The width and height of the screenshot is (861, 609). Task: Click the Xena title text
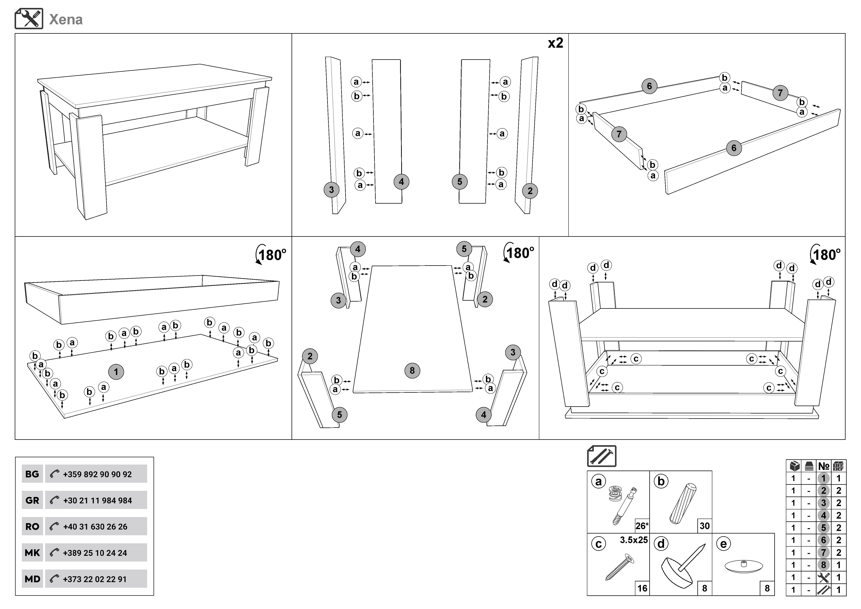pos(66,20)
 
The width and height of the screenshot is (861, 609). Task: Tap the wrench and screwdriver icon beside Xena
pos(29,19)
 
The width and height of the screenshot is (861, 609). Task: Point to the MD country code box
pos(32,579)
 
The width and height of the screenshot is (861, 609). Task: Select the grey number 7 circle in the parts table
pos(823,553)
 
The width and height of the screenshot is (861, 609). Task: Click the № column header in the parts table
pos(823,466)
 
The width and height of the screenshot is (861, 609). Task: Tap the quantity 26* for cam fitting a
pos(642,526)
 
